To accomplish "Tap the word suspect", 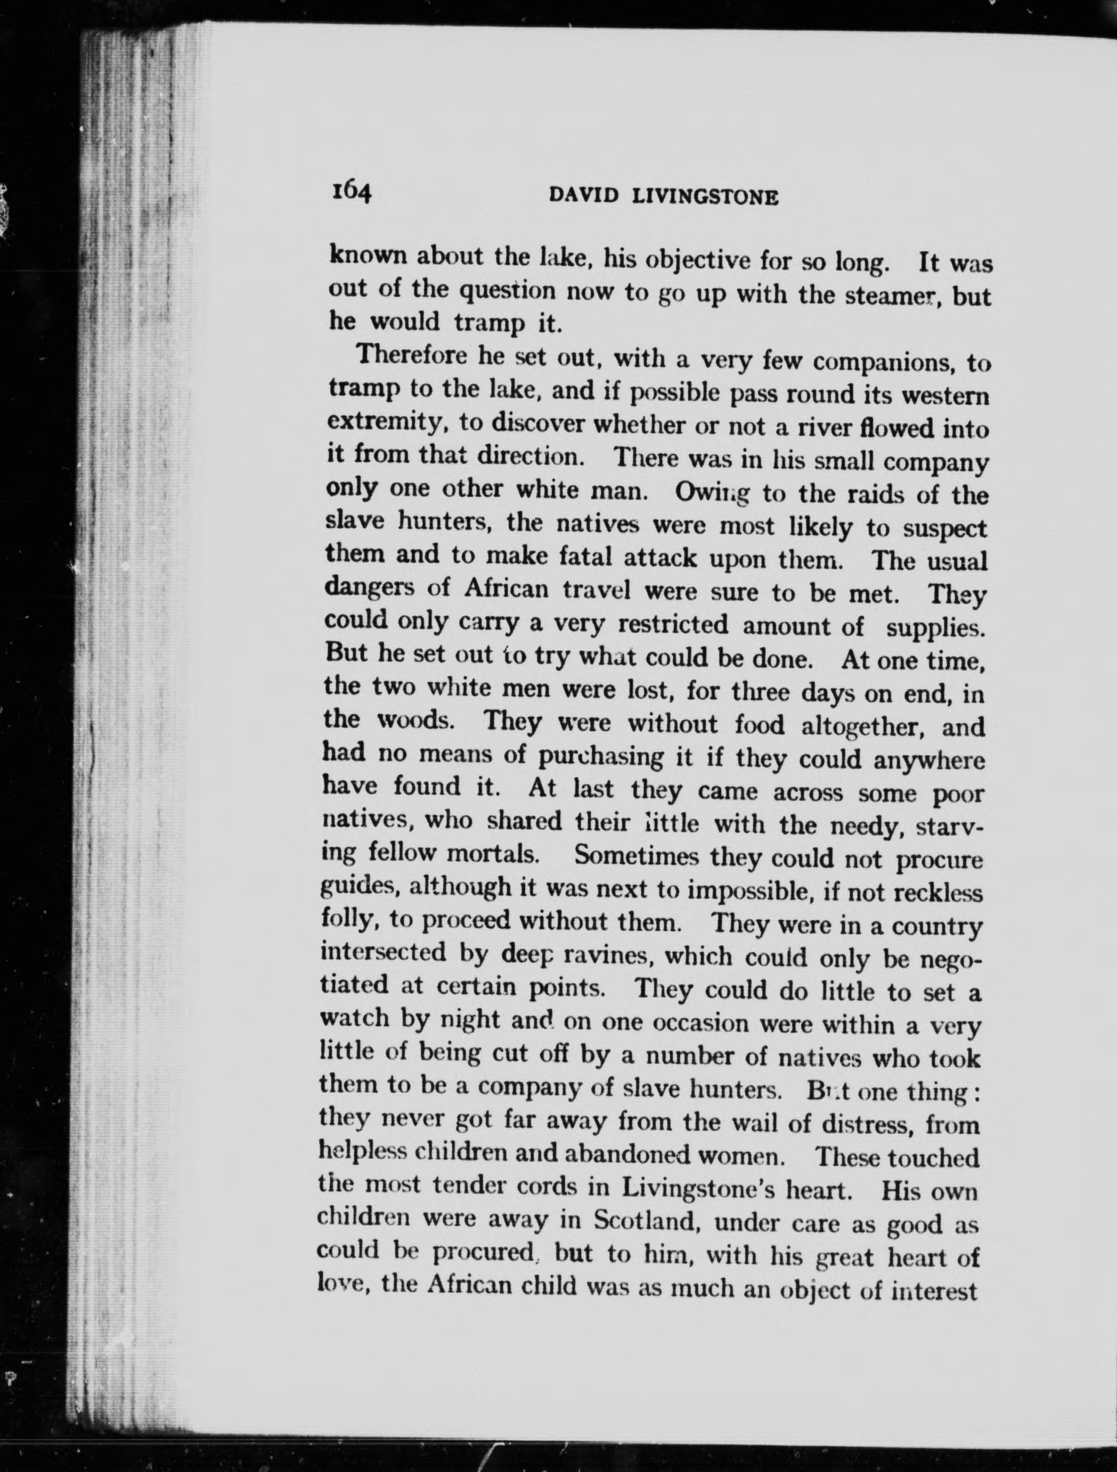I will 945,529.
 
